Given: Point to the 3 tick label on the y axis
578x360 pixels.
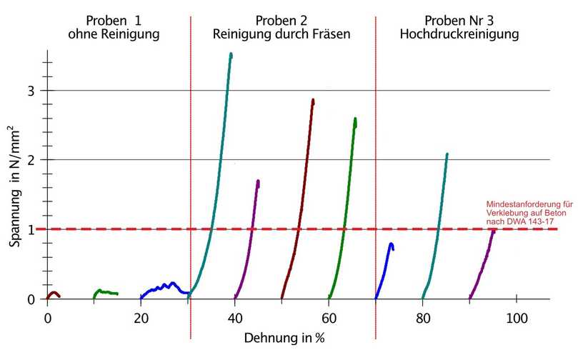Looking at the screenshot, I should click(31, 91).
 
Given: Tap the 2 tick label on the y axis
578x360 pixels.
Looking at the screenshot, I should click(31, 159).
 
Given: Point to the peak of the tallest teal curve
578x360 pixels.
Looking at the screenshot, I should click(230, 54).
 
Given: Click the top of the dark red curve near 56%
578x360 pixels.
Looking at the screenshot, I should click(313, 101).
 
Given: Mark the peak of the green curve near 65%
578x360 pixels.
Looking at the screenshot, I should click(355, 119).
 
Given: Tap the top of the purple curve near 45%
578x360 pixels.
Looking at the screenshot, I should click(257, 181).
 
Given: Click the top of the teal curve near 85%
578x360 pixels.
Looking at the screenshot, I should click(447, 154).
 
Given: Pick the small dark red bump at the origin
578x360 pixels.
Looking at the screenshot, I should click(53, 294).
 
